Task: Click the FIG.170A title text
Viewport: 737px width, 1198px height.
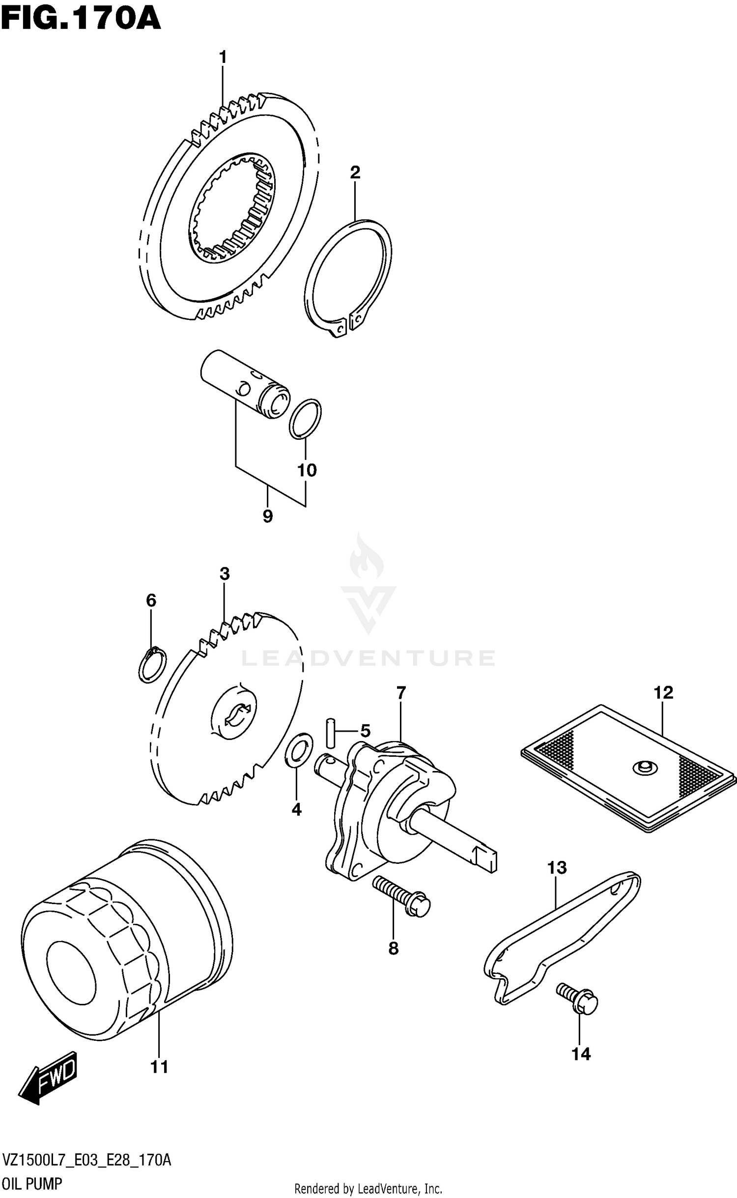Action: pyautogui.click(x=81, y=20)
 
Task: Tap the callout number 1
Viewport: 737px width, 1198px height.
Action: pyautogui.click(x=223, y=57)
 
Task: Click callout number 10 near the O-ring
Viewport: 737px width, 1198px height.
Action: pyautogui.click(x=307, y=470)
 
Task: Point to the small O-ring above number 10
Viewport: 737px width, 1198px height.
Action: pyautogui.click(x=305, y=419)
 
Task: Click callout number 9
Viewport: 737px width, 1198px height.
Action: pyautogui.click(x=267, y=516)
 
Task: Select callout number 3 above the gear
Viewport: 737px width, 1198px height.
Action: pyautogui.click(x=225, y=573)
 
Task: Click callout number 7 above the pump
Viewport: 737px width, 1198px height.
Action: pyautogui.click(x=401, y=693)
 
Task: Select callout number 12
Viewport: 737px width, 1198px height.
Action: pyautogui.click(x=663, y=693)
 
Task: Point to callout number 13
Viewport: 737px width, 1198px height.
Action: pyautogui.click(x=557, y=868)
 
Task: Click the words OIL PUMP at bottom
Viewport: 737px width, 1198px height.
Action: pyautogui.click(x=32, y=1184)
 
